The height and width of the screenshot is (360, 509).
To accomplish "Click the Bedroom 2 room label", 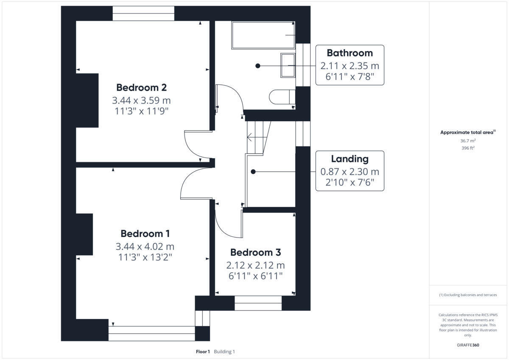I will [x=141, y=88].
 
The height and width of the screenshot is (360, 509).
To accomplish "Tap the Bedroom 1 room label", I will [x=145, y=234].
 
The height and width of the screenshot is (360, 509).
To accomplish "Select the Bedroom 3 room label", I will [x=255, y=252].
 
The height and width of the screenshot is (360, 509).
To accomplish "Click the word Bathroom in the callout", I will [x=350, y=53].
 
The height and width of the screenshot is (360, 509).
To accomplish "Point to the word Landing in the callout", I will [x=350, y=159].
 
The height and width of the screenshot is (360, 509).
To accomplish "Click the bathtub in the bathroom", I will [x=263, y=35].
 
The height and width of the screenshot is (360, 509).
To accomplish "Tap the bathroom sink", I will [x=288, y=65].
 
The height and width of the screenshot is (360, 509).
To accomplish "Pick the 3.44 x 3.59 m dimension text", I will [x=141, y=101].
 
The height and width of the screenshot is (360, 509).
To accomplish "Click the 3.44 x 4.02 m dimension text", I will [x=145, y=246].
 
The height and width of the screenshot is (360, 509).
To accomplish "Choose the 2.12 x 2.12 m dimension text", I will [x=255, y=265].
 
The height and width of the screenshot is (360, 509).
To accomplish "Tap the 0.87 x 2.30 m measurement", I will [x=350, y=172].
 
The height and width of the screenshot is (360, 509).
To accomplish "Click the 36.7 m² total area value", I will [x=468, y=140].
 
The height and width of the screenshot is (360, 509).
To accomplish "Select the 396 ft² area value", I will [x=468, y=148].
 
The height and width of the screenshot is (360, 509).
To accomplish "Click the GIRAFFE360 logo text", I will [x=468, y=345].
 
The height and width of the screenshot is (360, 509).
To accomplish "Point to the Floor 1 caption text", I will [x=203, y=352].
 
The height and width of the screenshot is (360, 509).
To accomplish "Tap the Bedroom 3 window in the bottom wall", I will [x=258, y=303].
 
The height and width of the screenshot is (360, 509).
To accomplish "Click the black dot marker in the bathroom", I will [x=257, y=66].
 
